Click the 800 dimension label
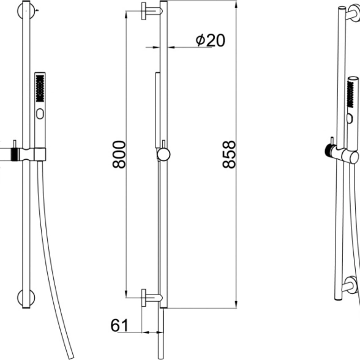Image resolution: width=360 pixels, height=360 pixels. point(119,154)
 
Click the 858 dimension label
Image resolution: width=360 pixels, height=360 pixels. point(229,154)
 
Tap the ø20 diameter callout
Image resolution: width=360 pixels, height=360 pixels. point(211,40)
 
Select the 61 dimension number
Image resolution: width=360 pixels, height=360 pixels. point(119,325)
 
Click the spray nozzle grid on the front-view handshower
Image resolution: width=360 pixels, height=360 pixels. point(40,88)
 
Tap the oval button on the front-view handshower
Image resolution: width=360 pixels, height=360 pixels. point(40,114)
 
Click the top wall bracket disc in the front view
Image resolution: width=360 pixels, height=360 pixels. point(26,11)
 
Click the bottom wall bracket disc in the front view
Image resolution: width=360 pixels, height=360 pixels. point(26,298)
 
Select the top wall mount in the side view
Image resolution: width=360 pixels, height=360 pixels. point(152,11)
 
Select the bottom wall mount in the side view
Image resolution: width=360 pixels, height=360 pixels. point(152,298)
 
